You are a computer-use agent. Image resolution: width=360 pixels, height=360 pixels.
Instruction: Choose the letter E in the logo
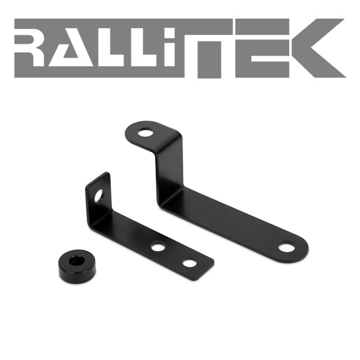point(262,48)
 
